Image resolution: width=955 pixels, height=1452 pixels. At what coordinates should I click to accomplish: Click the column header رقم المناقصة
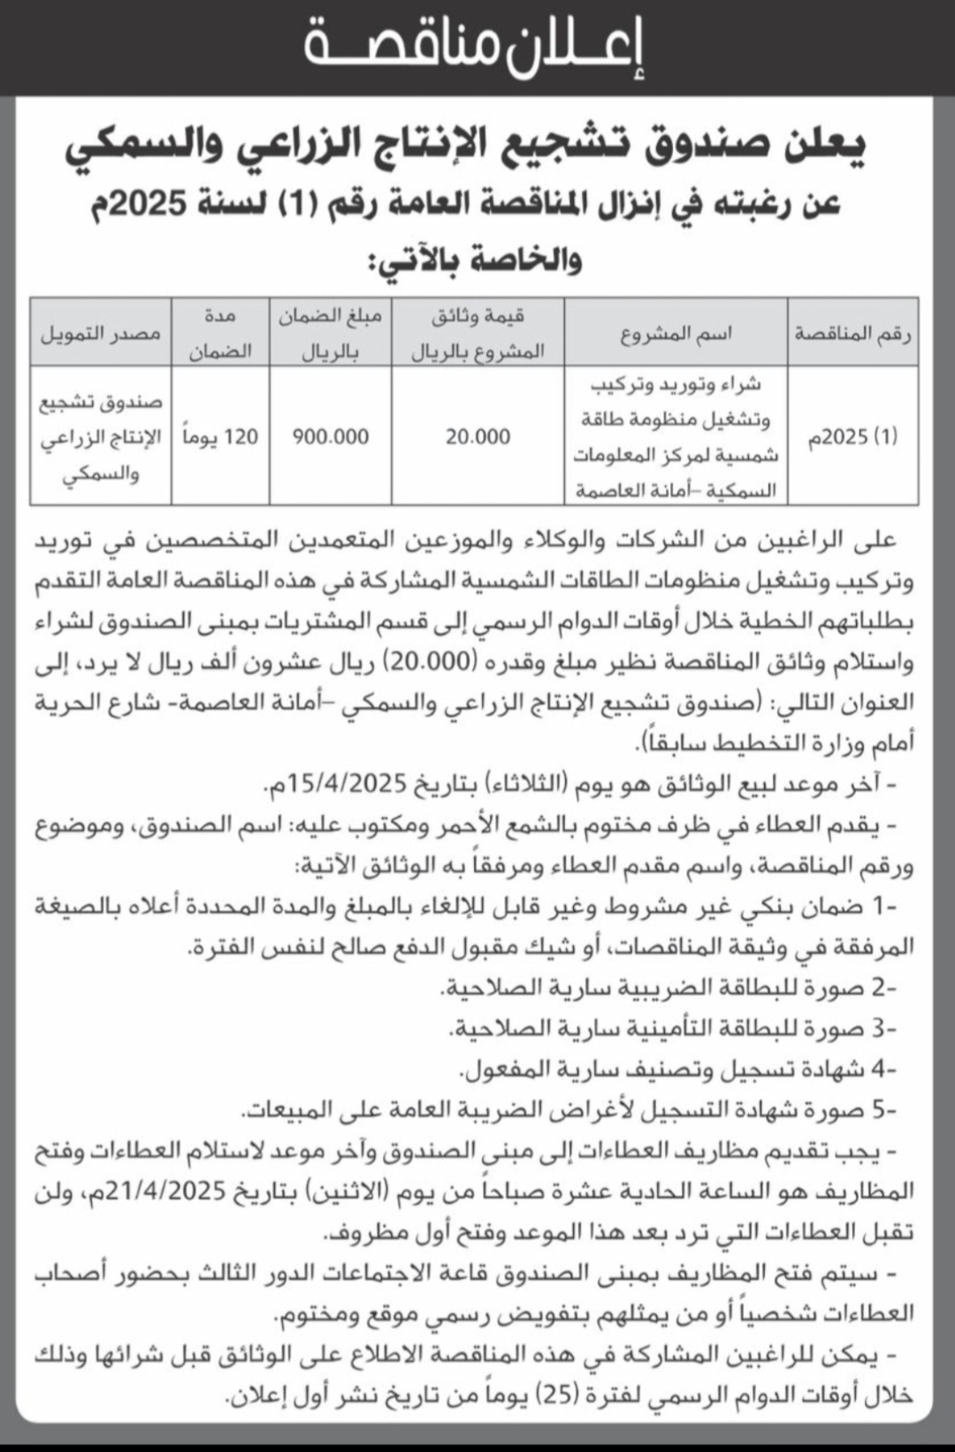click(x=853, y=332)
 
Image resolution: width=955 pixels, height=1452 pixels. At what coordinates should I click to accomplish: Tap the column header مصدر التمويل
click(x=101, y=333)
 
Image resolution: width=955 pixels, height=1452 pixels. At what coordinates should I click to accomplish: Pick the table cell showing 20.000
click(x=477, y=436)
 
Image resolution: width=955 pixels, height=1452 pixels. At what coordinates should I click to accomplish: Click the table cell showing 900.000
click(x=331, y=436)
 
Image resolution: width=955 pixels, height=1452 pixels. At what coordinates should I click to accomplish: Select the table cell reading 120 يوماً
click(x=221, y=436)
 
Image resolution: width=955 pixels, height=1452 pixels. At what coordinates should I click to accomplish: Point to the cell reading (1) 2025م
click(x=853, y=436)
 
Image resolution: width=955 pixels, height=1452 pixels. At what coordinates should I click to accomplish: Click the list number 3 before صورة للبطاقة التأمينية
click(x=880, y=1027)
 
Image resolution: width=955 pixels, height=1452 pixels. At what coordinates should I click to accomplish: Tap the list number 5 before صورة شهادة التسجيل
click(x=880, y=1109)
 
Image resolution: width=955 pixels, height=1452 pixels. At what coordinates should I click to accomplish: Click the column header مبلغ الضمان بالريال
click(x=331, y=333)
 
